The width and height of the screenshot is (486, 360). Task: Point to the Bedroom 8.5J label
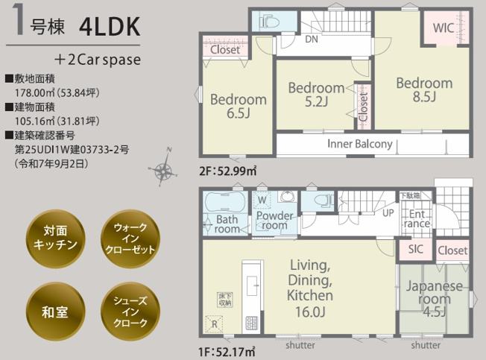point(423,89)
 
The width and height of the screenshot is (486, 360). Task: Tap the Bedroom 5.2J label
point(316,95)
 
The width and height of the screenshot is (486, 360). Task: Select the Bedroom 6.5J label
point(238,107)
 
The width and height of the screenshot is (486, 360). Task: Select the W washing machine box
point(262,200)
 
